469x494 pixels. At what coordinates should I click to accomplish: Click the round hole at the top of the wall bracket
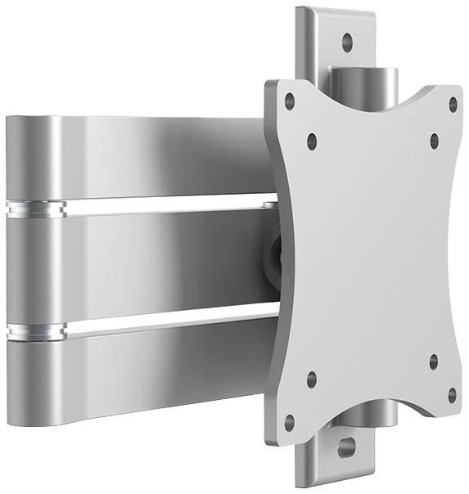[346, 38]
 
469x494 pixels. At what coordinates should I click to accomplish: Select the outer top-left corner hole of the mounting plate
[289, 101]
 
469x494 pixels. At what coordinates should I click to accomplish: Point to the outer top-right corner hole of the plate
[452, 104]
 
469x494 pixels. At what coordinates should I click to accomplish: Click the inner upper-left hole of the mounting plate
[311, 141]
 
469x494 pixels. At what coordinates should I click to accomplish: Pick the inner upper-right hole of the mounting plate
[434, 140]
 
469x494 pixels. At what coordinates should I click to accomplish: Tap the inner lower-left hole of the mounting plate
[311, 378]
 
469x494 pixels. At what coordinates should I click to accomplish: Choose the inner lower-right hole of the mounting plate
[433, 361]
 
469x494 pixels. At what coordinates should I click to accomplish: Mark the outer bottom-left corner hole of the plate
[289, 421]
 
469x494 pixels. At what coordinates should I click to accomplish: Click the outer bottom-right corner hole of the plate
[451, 395]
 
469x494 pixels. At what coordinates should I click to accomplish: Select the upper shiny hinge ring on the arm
[35, 209]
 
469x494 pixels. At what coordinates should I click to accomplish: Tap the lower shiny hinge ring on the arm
[35, 331]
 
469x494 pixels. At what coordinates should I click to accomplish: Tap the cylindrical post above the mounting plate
[365, 83]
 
